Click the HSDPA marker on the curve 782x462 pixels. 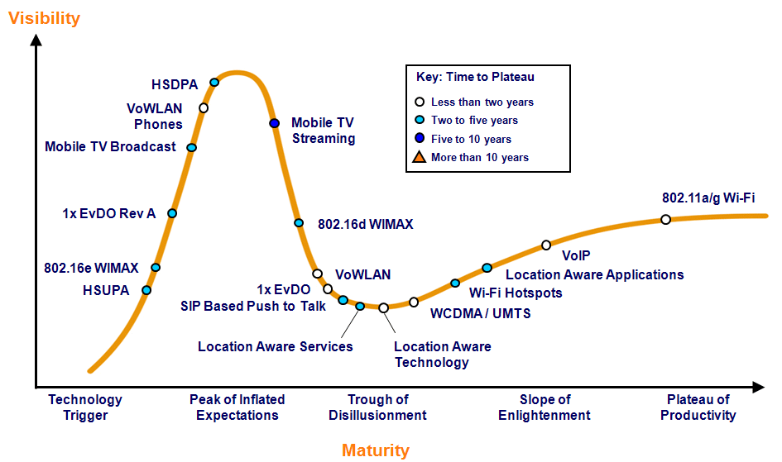click(214, 82)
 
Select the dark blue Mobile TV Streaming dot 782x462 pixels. click(274, 123)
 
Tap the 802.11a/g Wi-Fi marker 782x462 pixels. click(665, 219)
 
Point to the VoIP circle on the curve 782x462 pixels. click(546, 245)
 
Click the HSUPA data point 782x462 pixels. click(146, 290)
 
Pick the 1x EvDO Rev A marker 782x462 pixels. click(172, 213)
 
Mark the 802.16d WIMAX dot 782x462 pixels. click(298, 222)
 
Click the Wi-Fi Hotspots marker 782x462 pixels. click(455, 283)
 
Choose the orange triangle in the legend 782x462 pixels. click(419, 157)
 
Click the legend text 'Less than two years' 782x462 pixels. click(482, 102)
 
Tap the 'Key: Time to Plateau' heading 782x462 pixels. click(475, 77)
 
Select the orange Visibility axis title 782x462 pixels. click(45, 18)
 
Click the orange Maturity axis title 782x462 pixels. click(376, 450)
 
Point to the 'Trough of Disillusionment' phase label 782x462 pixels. click(377, 407)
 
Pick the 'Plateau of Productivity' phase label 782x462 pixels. click(698, 407)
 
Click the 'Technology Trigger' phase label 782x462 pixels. click(85, 407)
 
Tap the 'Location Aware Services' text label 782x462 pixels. click(276, 346)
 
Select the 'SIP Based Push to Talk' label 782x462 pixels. click(253, 306)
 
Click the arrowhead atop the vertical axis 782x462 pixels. click(36, 40)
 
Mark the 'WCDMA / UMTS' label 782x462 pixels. click(480, 313)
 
